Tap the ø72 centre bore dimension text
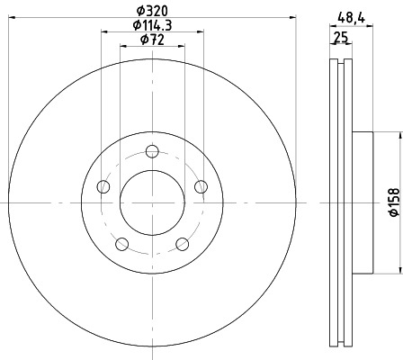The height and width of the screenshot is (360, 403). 151,40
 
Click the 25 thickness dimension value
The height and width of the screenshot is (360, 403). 341,37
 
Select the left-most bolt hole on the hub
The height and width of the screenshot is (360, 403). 103,186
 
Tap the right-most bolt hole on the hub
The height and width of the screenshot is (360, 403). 201,186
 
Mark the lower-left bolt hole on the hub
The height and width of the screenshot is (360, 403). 121,243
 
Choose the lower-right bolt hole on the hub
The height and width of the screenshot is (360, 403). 182,243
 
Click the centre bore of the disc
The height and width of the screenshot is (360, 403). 151,202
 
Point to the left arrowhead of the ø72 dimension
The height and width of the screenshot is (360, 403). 124,47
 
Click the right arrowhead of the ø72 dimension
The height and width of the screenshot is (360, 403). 179,47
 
